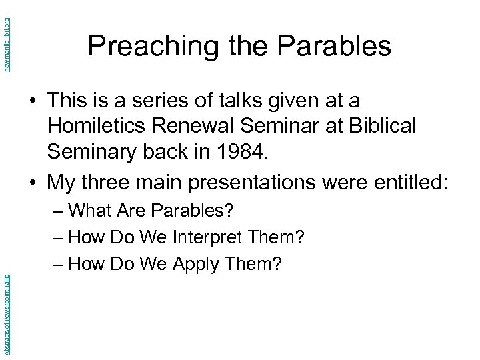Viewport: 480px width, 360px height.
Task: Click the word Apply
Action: [x=197, y=265]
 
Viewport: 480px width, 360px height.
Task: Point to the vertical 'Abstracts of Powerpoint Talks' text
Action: [x=6, y=311]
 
